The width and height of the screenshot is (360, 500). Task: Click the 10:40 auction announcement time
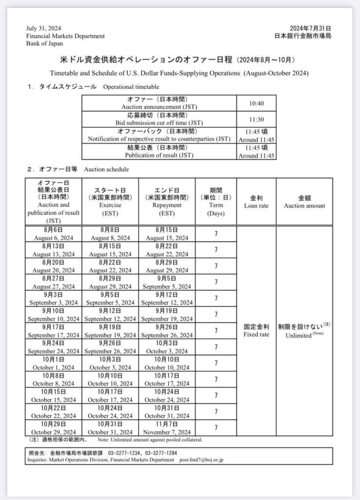(x=256, y=103)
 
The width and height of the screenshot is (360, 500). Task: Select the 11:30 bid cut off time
(x=256, y=119)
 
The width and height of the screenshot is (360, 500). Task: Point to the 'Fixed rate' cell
(x=256, y=331)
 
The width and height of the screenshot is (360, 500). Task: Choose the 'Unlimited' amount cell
(x=304, y=331)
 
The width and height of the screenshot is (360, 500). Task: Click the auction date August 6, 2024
(x=54, y=234)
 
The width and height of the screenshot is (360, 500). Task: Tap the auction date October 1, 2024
(x=54, y=363)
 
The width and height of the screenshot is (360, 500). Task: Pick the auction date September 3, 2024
(x=54, y=298)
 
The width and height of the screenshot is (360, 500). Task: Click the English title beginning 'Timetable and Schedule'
(x=180, y=73)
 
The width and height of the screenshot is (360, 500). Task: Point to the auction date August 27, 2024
(x=54, y=282)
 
